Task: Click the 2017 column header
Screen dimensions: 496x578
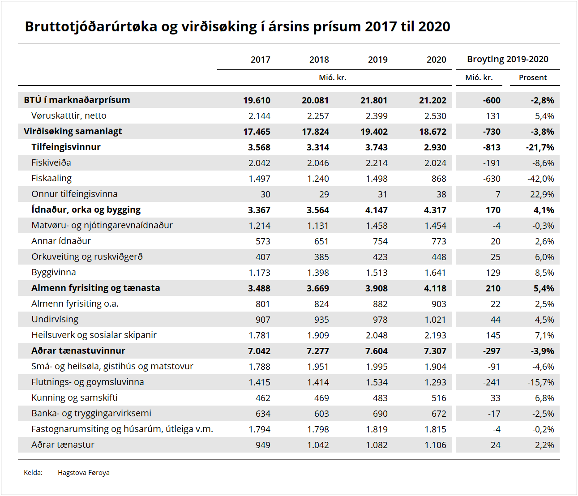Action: pyautogui.click(x=260, y=60)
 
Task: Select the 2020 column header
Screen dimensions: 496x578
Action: pyautogui.click(x=436, y=60)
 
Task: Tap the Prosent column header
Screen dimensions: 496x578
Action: pyautogui.click(x=533, y=77)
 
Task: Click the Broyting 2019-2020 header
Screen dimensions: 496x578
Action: pyautogui.click(x=507, y=59)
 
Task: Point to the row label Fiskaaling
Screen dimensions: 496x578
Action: pyautogui.click(x=51, y=178)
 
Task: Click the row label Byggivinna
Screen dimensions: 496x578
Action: pyautogui.click(x=54, y=272)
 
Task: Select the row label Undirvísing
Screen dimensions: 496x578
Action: pyautogui.click(x=55, y=319)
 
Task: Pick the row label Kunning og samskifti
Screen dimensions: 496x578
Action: pyautogui.click(x=74, y=398)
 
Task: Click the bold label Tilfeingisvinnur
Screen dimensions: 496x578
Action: pyautogui.click(x=66, y=147)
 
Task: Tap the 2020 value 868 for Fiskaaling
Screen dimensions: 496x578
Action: pyautogui.click(x=439, y=179)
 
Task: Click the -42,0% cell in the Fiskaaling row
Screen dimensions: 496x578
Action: pyautogui.click(x=540, y=179)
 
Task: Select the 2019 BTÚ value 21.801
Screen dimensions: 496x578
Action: pyautogui.click(x=374, y=100)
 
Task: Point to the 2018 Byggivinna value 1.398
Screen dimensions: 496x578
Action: pyautogui.click(x=318, y=273)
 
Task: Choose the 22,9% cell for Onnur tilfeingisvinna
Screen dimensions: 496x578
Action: pyautogui.click(x=542, y=194)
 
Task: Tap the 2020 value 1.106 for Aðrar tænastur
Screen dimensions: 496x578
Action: pyautogui.click(x=435, y=445)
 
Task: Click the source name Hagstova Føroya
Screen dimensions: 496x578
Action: pyautogui.click(x=84, y=473)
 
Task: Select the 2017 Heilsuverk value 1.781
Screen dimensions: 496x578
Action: pyautogui.click(x=259, y=335)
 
